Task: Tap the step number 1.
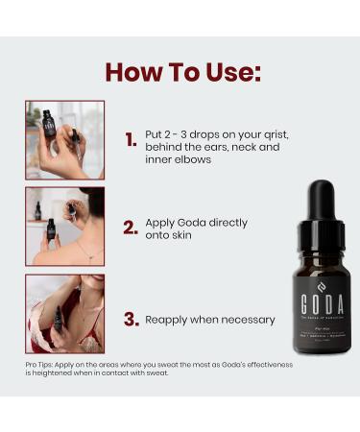tap(132, 140)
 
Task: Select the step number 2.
tap(132, 228)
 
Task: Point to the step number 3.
tap(132, 319)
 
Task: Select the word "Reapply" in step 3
tap(168, 320)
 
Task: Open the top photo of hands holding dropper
tap(64, 140)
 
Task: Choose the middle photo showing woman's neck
tap(64, 227)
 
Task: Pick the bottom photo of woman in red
tap(64, 314)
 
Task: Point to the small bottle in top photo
tap(46, 124)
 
